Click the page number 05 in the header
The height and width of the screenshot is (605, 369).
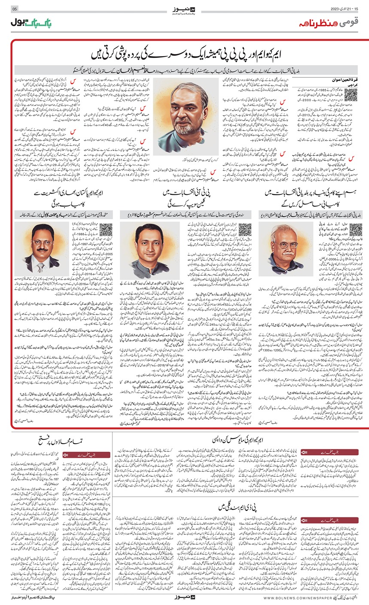coord(14,9)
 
